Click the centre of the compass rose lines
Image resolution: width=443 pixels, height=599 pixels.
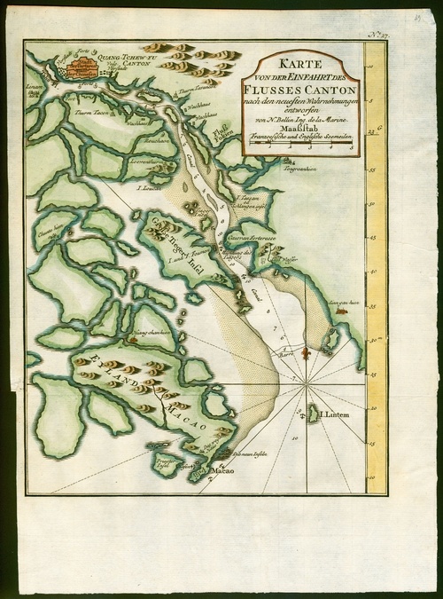[x=307, y=384]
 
